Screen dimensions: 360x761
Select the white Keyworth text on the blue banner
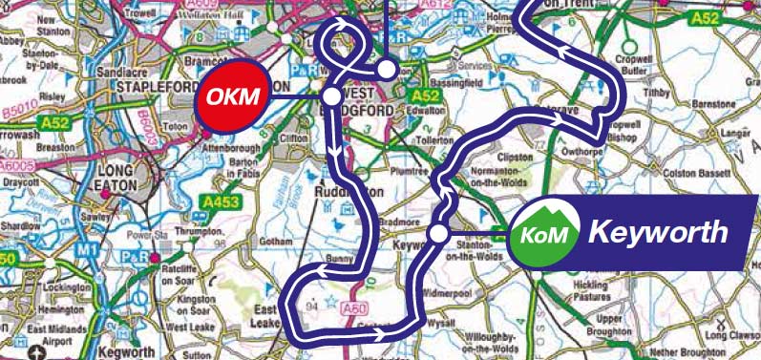[658, 232]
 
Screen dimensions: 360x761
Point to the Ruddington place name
[347, 190]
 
